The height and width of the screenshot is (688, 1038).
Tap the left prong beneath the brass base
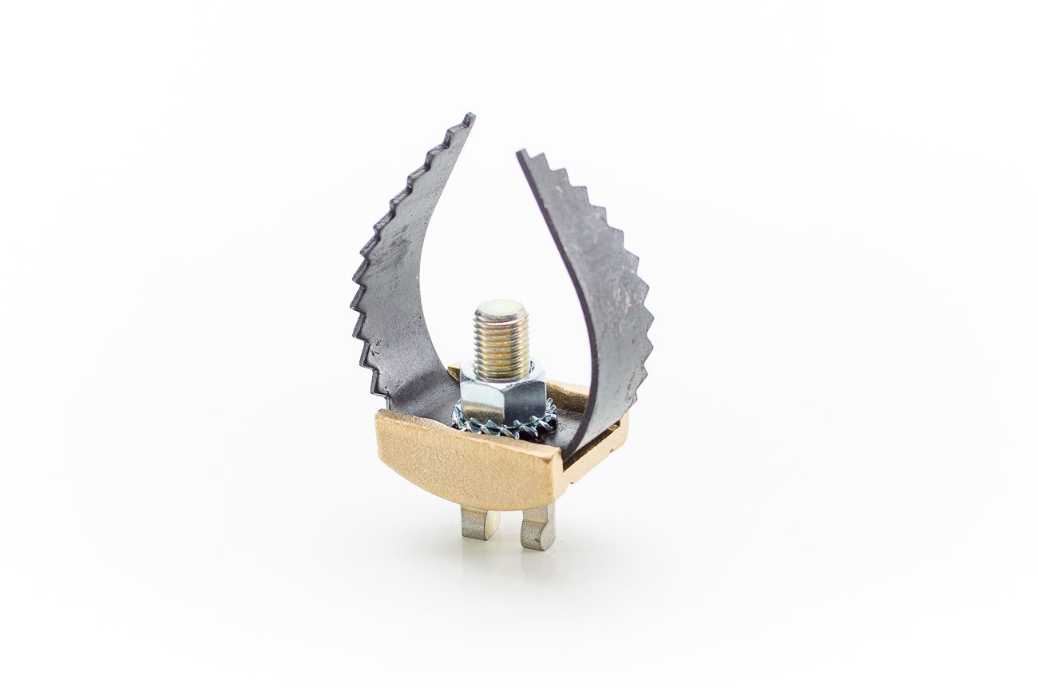click(x=479, y=523)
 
